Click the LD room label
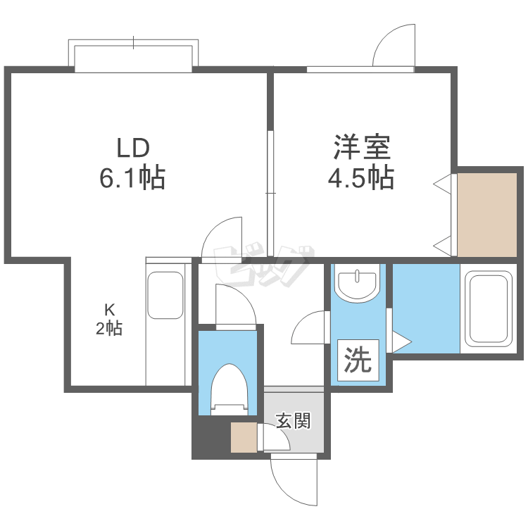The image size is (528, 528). tap(133, 149)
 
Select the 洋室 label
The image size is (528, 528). tap(361, 149)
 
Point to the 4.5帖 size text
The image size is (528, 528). tap(360, 178)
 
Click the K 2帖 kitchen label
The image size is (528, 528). tap(109, 319)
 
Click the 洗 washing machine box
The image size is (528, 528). tap(357, 361)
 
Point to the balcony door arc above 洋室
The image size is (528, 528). tap(394, 46)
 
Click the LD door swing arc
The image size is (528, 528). tap(222, 239)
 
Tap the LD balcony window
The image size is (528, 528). tap(133, 56)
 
